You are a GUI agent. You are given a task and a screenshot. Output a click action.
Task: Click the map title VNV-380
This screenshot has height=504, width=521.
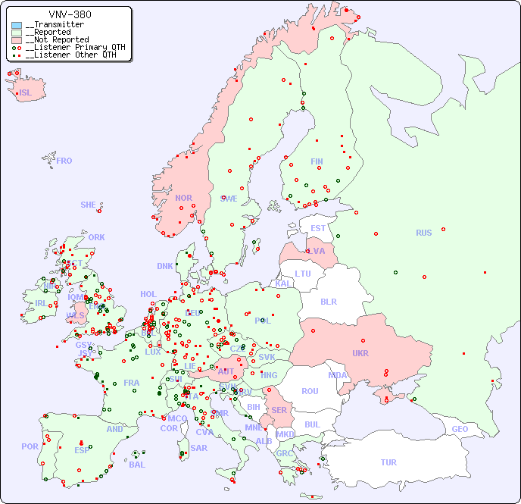coord(70,14)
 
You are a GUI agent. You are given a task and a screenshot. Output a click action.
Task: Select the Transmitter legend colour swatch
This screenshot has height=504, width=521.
coord(17,25)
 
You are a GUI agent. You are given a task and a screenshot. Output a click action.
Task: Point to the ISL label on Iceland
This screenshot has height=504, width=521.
coord(26,93)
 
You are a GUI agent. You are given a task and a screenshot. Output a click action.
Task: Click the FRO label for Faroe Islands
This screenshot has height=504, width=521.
coord(64,161)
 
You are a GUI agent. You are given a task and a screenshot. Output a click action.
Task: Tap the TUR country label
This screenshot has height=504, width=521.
coord(388,462)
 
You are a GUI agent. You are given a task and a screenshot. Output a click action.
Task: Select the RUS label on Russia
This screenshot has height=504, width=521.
coord(423,233)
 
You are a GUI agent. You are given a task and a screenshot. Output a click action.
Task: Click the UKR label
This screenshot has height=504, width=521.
coord(360,353)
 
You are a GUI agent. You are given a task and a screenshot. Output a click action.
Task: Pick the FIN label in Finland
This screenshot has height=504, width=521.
coord(317,161)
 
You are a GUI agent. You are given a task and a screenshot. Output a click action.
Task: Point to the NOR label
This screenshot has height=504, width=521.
coord(183,198)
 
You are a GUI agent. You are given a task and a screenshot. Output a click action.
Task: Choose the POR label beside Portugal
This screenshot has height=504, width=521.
coord(30,446)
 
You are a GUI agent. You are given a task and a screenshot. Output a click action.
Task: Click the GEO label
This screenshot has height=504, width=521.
coord(460,429)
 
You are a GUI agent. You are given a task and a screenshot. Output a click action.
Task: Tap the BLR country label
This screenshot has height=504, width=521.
coord(329,301)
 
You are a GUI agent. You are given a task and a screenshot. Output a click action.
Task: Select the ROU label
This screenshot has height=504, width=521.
coord(310,391)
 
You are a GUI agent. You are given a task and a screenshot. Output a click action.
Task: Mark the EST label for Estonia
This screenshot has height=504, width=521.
coord(318,228)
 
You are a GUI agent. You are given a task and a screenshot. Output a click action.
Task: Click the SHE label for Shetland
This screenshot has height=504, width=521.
coord(89,205)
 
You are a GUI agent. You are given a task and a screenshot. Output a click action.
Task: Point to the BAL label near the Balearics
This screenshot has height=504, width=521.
coord(137,465)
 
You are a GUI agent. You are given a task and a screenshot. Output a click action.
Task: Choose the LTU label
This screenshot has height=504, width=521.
coord(303,274)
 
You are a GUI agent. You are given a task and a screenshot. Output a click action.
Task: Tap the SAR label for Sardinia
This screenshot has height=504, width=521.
coord(199,448)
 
